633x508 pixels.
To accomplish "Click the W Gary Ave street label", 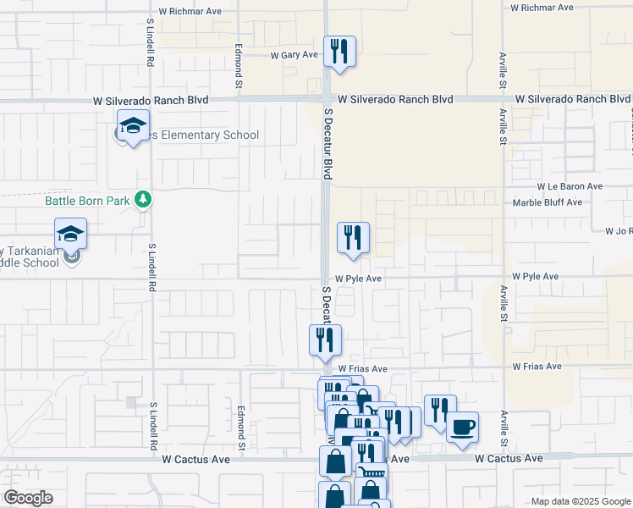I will pyautogui.click(x=294, y=55).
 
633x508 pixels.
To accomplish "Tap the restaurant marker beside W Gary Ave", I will pyautogui.click(x=339, y=51).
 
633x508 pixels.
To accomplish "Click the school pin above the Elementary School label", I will pyautogui.click(x=133, y=125).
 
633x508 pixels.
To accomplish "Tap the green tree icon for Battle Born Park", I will pyautogui.click(x=145, y=199).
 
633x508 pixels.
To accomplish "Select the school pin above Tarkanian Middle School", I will pyautogui.click(x=71, y=233).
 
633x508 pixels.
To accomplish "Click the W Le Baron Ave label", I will pyautogui.click(x=570, y=186).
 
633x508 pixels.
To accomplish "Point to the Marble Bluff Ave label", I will pyautogui.click(x=548, y=202).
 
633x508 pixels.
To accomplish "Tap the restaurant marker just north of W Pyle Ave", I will pyautogui.click(x=353, y=238).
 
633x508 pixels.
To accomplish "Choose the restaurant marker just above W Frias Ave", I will pyautogui.click(x=326, y=340).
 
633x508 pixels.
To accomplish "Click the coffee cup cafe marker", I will pyautogui.click(x=462, y=428).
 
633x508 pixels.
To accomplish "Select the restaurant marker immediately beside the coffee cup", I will pyautogui.click(x=440, y=411).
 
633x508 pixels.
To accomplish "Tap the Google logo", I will pyautogui.click(x=28, y=498).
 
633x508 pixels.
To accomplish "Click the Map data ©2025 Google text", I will pyautogui.click(x=581, y=501).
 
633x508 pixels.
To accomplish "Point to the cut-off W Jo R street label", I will pyautogui.click(x=619, y=231).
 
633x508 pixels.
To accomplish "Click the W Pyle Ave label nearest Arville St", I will pyautogui.click(x=536, y=277).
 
